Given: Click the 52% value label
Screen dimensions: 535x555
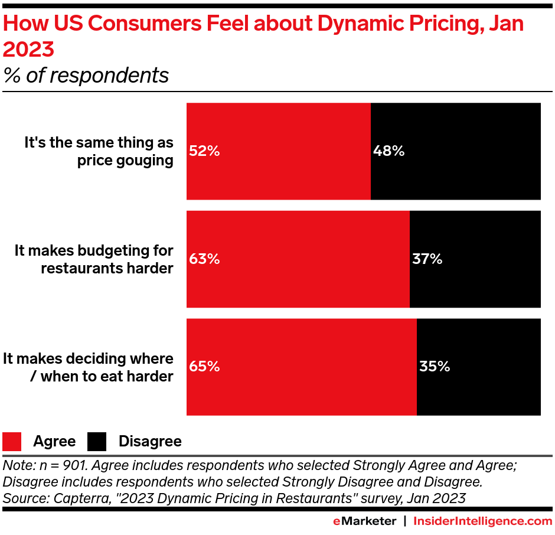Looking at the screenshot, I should click(204, 151).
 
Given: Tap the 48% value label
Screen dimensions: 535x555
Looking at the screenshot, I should click(389, 151).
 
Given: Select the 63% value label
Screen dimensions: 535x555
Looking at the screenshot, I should click(204, 259).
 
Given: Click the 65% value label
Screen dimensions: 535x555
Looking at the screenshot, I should click(204, 367).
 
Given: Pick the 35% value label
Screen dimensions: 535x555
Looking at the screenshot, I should click(435, 367).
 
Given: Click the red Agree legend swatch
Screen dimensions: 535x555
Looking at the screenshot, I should click(12, 442).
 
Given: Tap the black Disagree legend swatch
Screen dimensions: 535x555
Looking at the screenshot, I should click(97, 442).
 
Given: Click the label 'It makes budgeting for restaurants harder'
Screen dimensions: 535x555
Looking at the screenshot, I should click(94, 259).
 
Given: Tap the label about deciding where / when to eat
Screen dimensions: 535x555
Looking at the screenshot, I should click(88, 367).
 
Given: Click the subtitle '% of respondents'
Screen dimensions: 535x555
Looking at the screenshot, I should click(86, 76).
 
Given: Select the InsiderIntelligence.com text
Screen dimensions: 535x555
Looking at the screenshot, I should click(482, 521).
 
